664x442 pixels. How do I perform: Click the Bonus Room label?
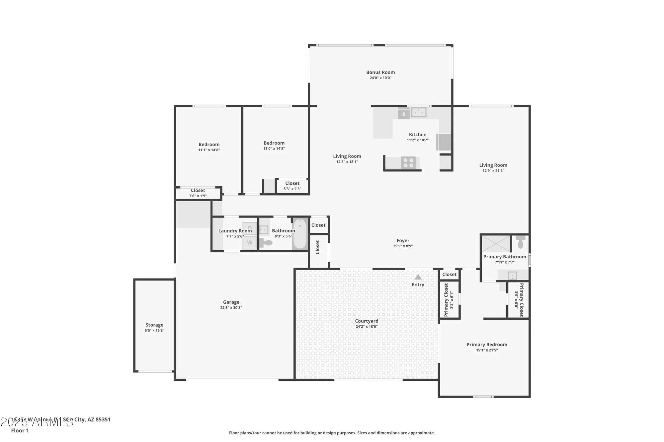[380, 72]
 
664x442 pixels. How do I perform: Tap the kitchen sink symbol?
[419, 112]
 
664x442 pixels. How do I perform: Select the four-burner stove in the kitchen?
[408, 163]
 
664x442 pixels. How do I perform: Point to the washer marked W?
[250, 243]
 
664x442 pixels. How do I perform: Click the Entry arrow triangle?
[418, 277]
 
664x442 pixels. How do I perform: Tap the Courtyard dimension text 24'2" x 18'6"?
[367, 327]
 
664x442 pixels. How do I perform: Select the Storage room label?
[154, 325]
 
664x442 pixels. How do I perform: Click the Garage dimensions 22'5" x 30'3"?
[231, 308]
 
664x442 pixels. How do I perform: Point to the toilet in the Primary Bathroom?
[520, 243]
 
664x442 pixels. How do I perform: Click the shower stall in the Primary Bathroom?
[496, 243]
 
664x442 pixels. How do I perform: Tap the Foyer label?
[403, 241]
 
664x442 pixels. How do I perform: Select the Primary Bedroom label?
[487, 345]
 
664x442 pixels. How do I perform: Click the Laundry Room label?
[235, 231]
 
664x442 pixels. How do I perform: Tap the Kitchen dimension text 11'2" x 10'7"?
[418, 140]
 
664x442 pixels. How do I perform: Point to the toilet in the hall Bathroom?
[266, 243]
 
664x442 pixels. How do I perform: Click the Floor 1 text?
[20, 430]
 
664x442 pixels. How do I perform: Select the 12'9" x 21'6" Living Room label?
[493, 165]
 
